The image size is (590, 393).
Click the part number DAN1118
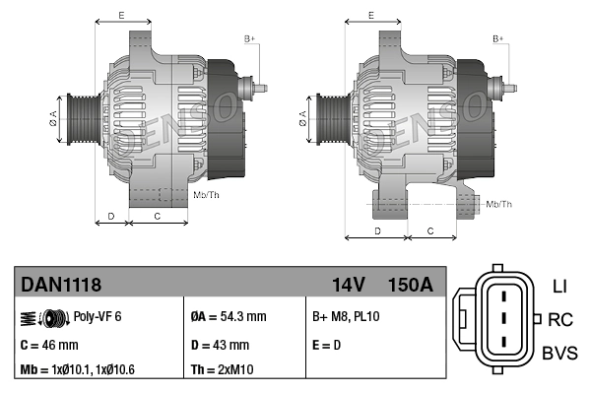click(61, 285)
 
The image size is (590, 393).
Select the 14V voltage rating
click(349, 285)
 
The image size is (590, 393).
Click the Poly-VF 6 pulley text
click(98, 317)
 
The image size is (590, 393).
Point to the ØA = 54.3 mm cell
click(228, 317)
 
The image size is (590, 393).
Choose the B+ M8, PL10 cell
click(345, 317)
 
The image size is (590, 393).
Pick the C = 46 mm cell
click(49, 345)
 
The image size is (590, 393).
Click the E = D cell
click(328, 345)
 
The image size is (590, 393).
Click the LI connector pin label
click(559, 287)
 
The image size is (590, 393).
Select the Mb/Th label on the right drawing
click(499, 204)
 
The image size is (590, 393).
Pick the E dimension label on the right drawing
click(370, 15)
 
